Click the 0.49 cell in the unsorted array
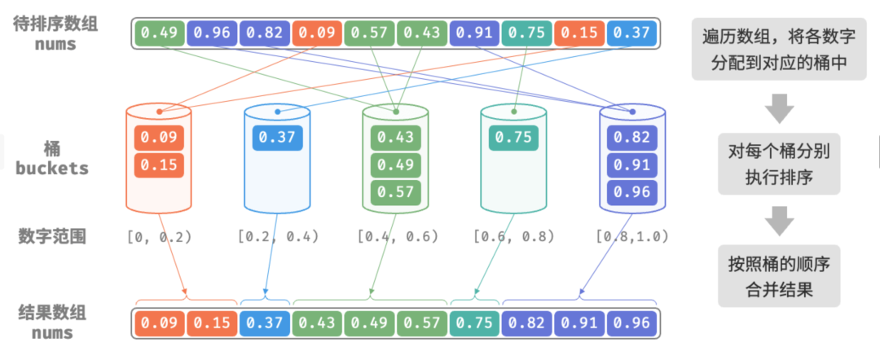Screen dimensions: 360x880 (x=159, y=33)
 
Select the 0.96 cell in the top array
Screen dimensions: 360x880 (x=211, y=33)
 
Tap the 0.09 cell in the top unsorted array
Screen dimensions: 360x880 (x=317, y=33)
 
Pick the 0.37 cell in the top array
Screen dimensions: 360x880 (x=633, y=33)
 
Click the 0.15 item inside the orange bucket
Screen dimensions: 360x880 (x=159, y=165)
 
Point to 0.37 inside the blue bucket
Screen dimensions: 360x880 (x=277, y=138)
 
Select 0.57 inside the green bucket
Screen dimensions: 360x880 (x=395, y=192)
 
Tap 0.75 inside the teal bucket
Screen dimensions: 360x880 (x=513, y=138)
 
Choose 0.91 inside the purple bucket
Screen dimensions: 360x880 (x=632, y=165)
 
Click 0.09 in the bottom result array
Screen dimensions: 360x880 (x=159, y=323)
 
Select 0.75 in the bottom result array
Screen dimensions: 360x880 (x=475, y=323)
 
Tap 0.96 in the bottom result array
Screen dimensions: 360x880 (x=633, y=323)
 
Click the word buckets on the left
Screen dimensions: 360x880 (x=52, y=169)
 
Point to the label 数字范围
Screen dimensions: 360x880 (x=52, y=236)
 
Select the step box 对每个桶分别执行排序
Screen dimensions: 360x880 (x=778, y=165)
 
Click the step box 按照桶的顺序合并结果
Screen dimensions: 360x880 (x=778, y=277)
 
